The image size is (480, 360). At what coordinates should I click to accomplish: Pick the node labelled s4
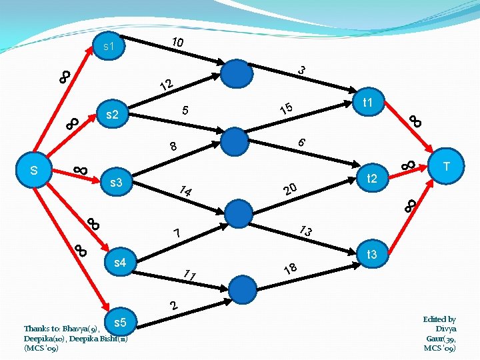121,263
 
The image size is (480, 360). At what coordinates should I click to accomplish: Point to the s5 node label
121,323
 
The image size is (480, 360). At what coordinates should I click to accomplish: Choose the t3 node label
371,254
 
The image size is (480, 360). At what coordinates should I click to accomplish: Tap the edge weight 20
290,190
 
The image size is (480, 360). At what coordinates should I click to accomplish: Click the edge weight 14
185,191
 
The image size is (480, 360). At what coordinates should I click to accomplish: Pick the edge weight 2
173,306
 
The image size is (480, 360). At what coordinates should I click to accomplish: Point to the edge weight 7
177,233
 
